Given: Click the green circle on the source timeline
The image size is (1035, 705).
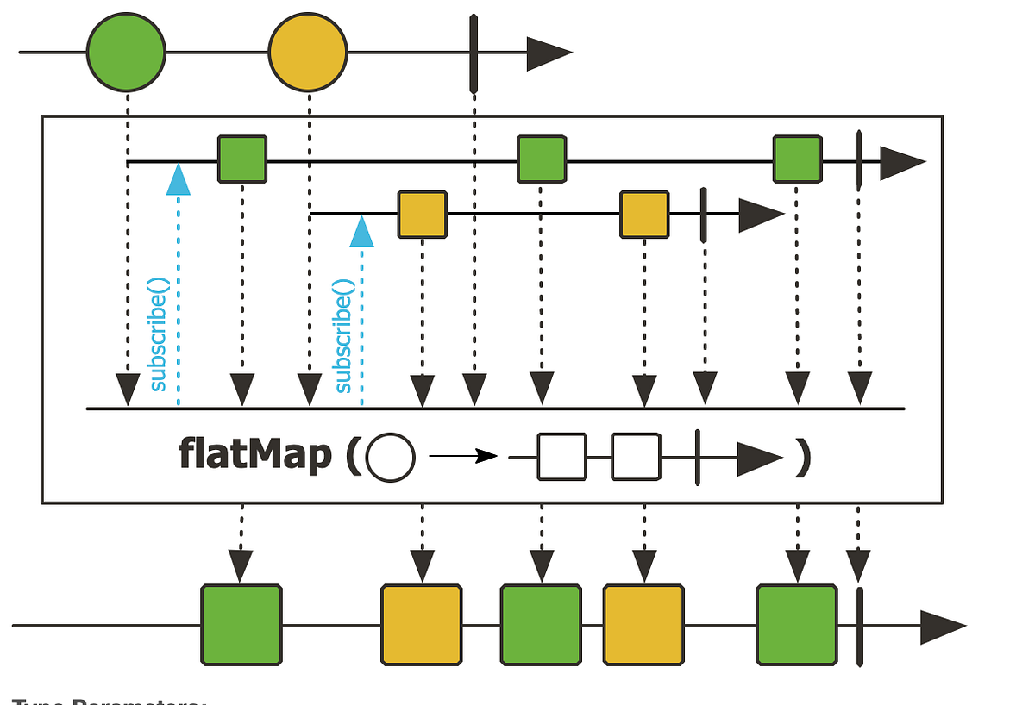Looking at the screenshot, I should (x=126, y=53).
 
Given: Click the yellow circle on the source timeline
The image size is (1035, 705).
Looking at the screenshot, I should (x=308, y=53).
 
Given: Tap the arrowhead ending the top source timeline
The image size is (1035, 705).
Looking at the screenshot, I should (x=549, y=53).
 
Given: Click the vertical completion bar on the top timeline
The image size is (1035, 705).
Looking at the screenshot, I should (x=474, y=53).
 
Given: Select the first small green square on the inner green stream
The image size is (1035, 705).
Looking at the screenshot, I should (x=242, y=159).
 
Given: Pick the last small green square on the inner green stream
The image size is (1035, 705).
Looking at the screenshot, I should (x=797, y=159).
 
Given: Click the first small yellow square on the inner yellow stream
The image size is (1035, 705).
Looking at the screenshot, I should (x=423, y=215).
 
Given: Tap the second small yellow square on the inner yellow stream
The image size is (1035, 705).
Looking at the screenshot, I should (x=644, y=215).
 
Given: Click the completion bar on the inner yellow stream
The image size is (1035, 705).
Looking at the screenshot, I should (x=704, y=215).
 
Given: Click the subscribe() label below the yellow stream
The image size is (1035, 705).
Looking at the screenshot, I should (x=342, y=336).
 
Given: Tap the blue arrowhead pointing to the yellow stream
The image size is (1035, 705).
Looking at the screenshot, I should (x=361, y=231).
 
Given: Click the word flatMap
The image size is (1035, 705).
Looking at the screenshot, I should (x=254, y=455).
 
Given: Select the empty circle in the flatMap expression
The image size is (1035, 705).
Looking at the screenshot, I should (x=390, y=457).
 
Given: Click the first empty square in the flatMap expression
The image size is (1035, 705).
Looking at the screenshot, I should (x=561, y=456).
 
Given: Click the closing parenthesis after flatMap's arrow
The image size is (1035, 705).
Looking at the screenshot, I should (x=803, y=457).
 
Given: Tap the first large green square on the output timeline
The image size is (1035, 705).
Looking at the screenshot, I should (x=241, y=625).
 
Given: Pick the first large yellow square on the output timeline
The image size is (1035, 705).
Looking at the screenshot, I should (x=423, y=625).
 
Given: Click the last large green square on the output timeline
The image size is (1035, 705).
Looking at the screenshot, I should (x=797, y=625).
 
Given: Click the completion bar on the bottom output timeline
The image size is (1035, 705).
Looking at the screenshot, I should (x=860, y=625).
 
